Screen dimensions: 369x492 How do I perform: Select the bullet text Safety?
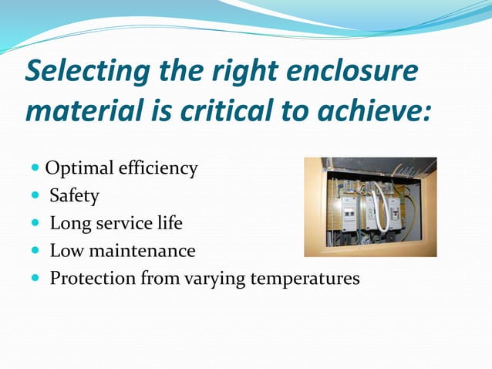click(x=74, y=196)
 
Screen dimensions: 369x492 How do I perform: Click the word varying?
click(x=211, y=278)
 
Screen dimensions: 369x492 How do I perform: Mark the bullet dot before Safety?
click(x=38, y=196)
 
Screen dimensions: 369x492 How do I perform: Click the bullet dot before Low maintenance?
click(x=38, y=251)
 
